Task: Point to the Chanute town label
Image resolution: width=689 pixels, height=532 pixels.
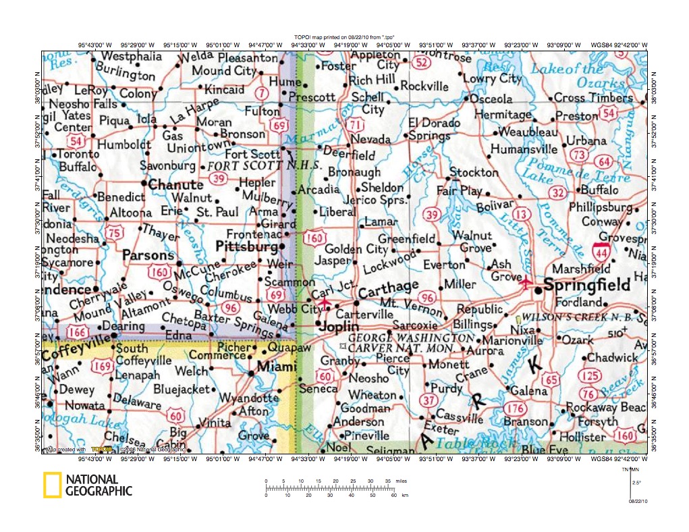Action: click(x=175, y=184)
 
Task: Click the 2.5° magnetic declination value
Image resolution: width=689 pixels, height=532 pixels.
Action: click(x=636, y=482)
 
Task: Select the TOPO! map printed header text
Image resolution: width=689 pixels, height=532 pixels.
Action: click(x=344, y=37)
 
